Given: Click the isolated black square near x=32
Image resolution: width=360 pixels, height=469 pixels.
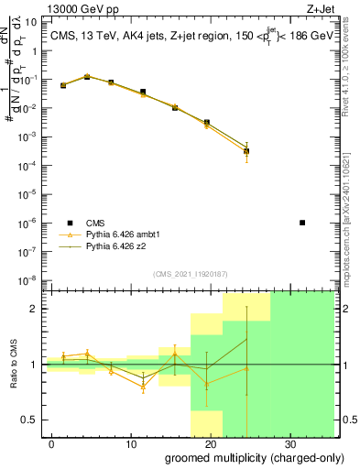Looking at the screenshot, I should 303,223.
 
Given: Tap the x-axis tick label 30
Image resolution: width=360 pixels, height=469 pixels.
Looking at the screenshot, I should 289,443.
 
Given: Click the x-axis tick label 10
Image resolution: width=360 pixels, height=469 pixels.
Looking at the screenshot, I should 131,443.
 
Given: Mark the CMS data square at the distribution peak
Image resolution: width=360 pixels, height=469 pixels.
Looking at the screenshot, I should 87,77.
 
